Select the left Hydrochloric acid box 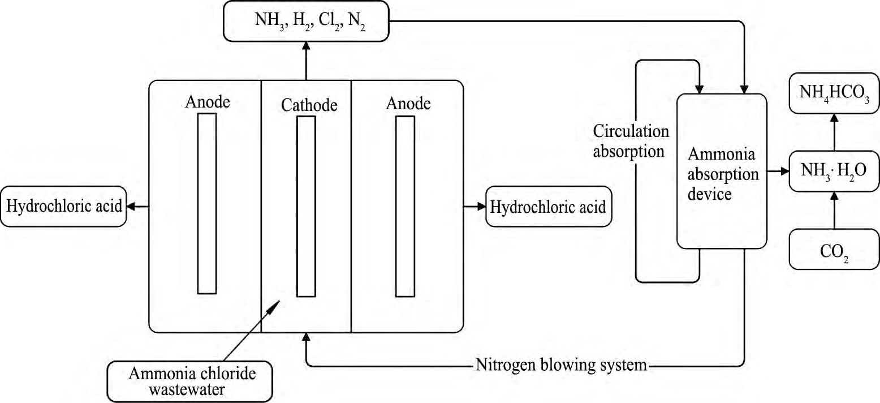click(63, 207)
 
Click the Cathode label click(309, 105)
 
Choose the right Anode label click(408, 103)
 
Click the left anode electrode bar click(206, 204)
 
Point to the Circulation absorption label click(631, 141)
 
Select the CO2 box click(834, 248)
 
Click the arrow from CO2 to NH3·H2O click(834, 209)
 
